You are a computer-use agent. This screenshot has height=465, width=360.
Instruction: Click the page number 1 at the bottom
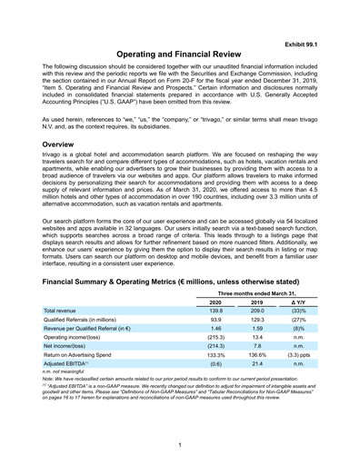[180, 444]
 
